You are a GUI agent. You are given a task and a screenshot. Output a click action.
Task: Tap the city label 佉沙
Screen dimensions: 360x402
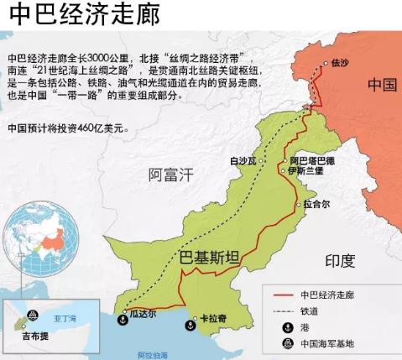click(339, 62)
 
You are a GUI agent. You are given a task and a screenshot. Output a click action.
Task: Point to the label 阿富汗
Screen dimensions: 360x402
click(171, 175)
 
